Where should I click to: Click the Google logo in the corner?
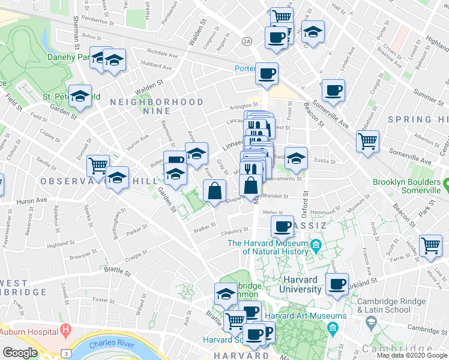click(20, 353)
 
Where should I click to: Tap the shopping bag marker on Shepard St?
click(214, 191)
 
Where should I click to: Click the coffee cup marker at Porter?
click(267, 74)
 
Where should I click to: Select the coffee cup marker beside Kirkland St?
click(337, 284)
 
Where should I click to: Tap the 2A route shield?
click(247, 41)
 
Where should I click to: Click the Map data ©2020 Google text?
click(412, 355)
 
